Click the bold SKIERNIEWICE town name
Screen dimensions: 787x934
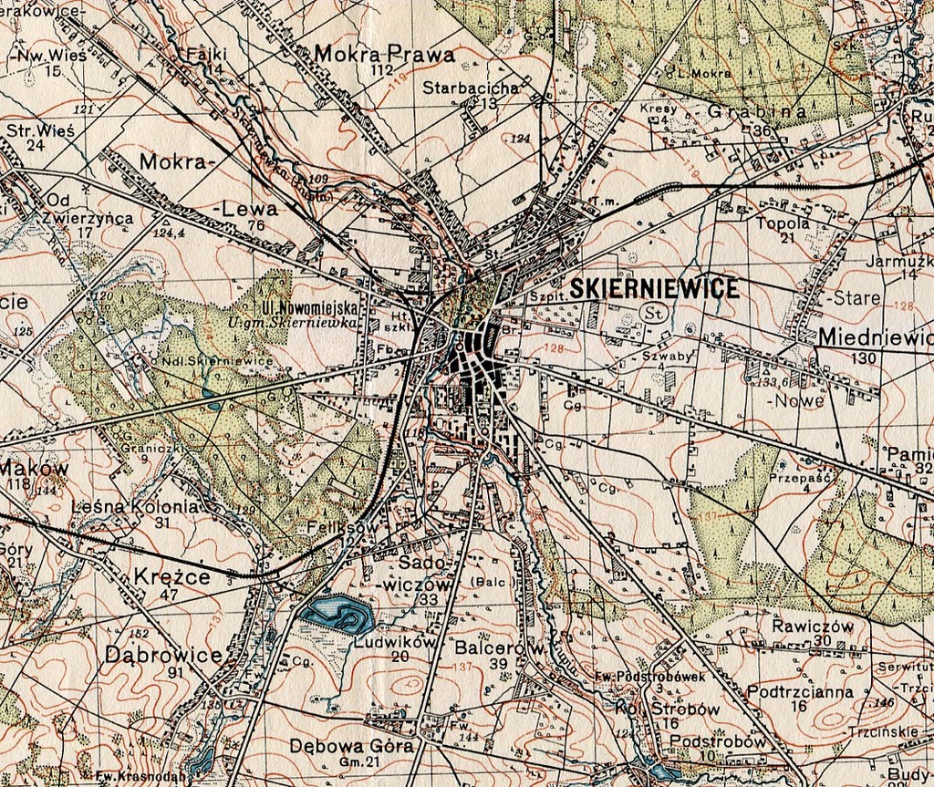[x=654, y=289]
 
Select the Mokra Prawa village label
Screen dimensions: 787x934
[x=384, y=54]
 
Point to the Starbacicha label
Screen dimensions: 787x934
[x=471, y=88]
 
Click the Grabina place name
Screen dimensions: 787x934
[x=757, y=112]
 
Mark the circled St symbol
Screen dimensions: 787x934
[x=654, y=313]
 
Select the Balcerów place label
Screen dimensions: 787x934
[x=499, y=647]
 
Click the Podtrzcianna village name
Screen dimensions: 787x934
[x=800, y=691]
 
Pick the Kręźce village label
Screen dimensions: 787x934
[x=171, y=577]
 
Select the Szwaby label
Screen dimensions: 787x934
[x=668, y=357]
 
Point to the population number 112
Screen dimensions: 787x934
[x=382, y=70]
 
